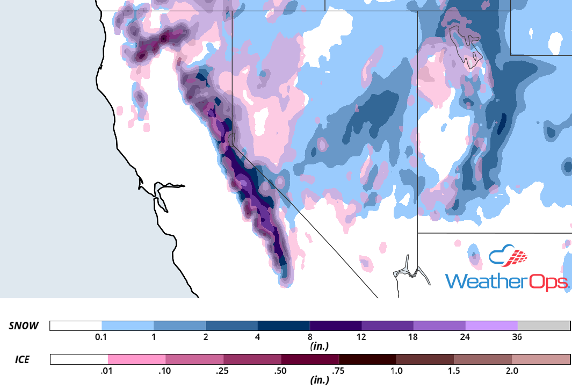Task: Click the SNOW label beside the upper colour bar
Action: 24,326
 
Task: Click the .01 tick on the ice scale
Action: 108,371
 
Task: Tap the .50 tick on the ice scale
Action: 281,371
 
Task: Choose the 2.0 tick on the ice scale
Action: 511,371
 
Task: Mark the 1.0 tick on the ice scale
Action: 396,371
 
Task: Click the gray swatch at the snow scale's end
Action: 544,326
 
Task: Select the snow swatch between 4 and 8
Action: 284,326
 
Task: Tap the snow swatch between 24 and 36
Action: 491,326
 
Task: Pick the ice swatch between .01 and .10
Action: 136,359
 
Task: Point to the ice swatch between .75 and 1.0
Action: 367,359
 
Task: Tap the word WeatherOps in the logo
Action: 507,281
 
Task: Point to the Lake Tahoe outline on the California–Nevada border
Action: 231,139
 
